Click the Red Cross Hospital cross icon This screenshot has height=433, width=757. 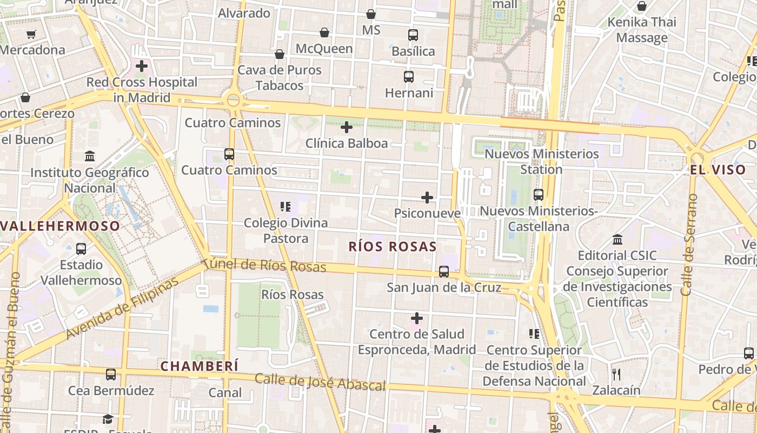tap(142, 66)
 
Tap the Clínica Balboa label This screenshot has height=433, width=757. tap(347, 143)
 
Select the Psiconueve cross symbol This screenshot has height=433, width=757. tap(427, 198)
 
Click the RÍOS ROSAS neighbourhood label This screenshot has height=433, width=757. tap(393, 247)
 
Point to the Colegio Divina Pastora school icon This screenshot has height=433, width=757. tap(285, 206)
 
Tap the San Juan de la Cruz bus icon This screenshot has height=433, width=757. tap(444, 272)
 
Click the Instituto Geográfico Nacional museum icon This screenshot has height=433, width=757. tap(90, 156)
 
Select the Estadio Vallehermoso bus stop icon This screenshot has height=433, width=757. tap(81, 249)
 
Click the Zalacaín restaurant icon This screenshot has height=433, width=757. tap(616, 374)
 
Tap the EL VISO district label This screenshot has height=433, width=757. tap(718, 169)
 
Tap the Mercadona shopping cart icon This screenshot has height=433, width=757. tap(31, 34)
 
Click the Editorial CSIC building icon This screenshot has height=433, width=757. tap(617, 239)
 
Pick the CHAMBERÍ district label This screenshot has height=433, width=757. tap(200, 366)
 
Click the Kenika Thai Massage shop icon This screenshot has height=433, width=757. tap(642, 6)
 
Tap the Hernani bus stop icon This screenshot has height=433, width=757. tap(409, 77)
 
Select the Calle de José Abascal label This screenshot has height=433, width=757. tap(320, 382)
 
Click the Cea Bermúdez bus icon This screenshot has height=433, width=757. tap(111, 374)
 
